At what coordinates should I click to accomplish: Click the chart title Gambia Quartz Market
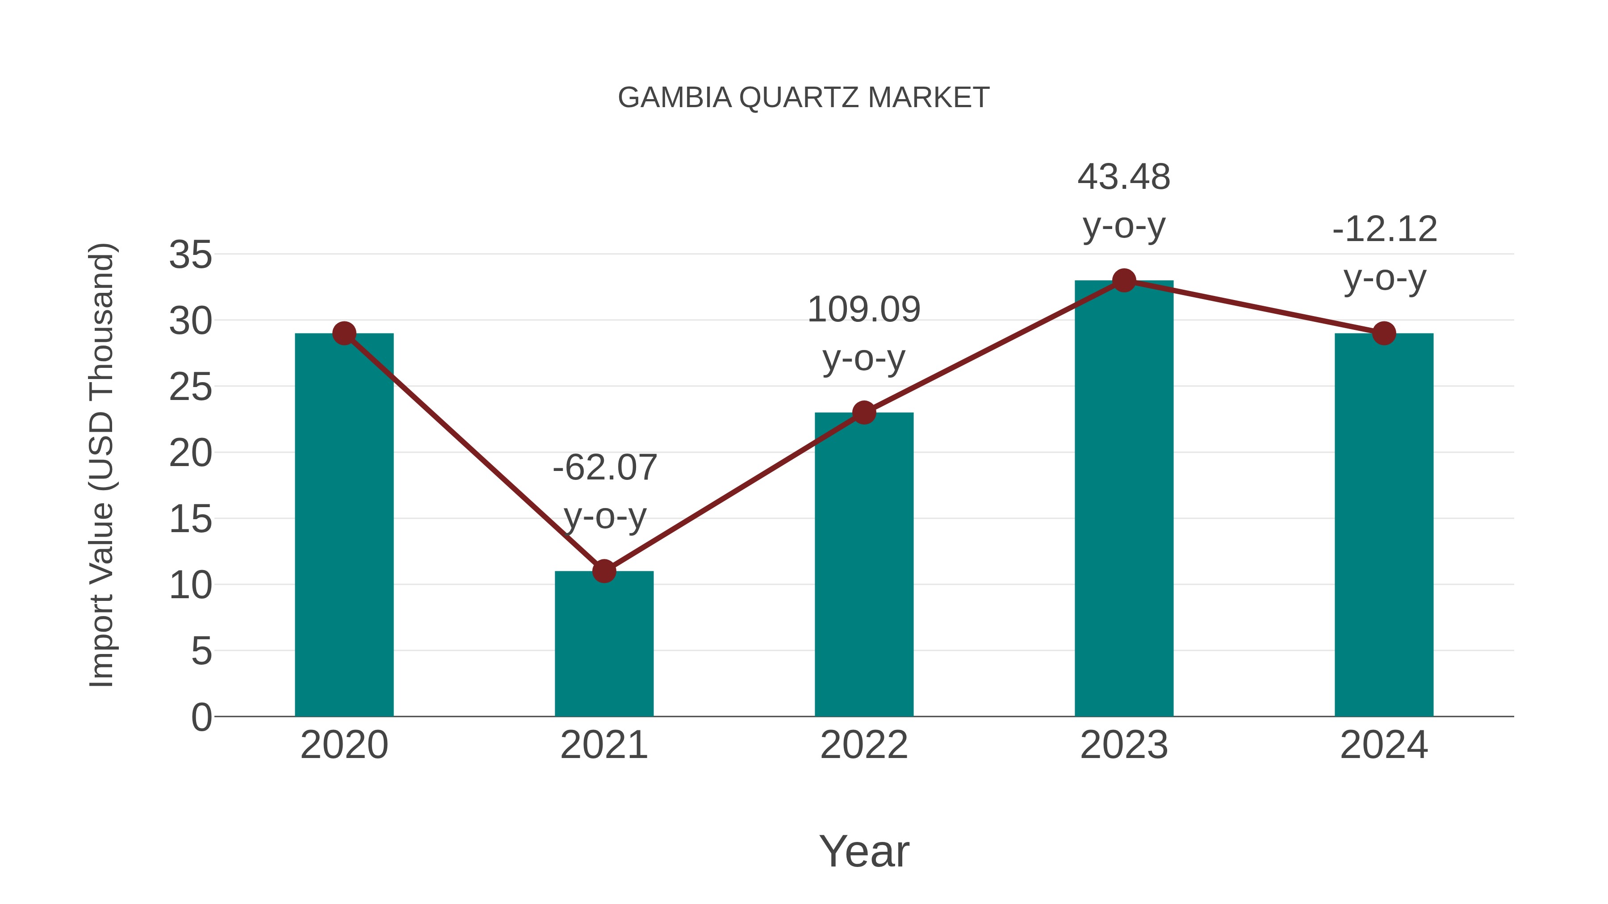804,98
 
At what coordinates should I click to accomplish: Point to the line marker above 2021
603,571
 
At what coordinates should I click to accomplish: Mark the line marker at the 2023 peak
1124,281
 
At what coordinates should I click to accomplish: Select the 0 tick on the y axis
201,717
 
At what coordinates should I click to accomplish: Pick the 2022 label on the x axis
864,745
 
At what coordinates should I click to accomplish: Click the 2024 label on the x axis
1384,745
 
